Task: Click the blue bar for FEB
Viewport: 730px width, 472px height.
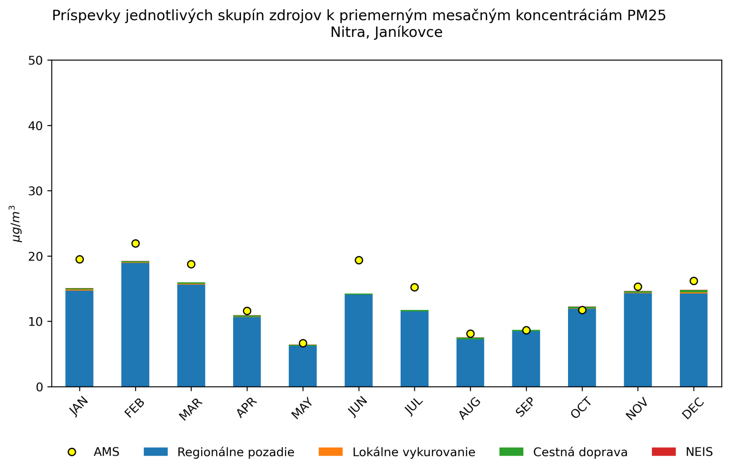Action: point(135,325)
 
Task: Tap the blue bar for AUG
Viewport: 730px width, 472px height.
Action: point(470,363)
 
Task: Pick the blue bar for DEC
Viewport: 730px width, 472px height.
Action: point(693,340)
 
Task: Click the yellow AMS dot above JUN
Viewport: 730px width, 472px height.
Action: point(359,260)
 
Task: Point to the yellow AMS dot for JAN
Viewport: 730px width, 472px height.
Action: point(79,259)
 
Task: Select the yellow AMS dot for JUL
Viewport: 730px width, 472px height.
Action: point(414,287)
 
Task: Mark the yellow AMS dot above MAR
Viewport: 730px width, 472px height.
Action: point(191,264)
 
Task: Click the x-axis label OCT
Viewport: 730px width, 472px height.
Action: point(581,408)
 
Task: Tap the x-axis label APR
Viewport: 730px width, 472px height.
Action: point(247,408)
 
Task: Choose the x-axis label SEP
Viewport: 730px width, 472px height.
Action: point(525,408)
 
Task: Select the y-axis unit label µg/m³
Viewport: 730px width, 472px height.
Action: point(16,223)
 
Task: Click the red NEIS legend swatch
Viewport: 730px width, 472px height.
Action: point(663,452)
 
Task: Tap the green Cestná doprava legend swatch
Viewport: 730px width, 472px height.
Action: point(511,452)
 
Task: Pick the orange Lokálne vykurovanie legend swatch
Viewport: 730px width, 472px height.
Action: point(330,452)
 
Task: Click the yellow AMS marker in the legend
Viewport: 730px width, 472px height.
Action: point(72,452)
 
